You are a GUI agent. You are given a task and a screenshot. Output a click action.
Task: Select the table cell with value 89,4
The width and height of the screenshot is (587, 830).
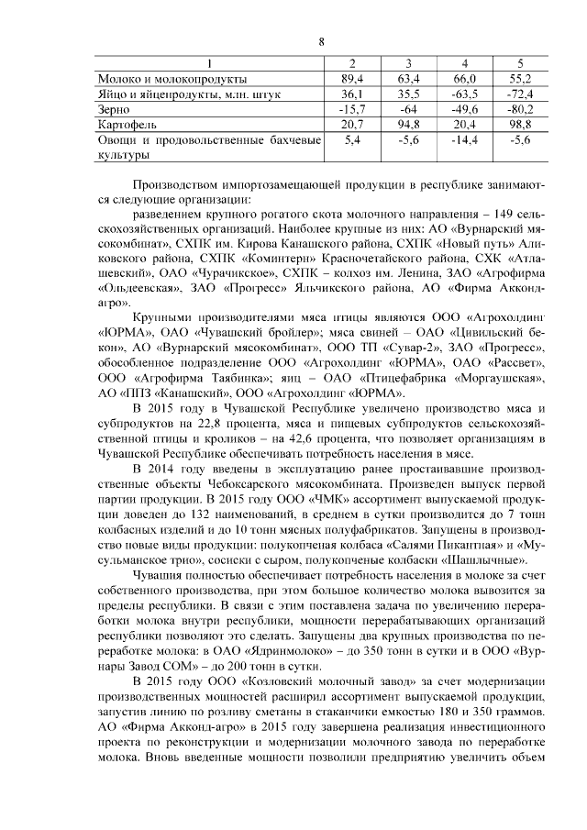point(352,79)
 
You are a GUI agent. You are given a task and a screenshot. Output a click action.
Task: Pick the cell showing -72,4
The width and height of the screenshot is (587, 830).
point(520,94)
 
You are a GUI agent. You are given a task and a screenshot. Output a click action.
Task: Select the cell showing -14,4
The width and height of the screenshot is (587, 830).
point(465,139)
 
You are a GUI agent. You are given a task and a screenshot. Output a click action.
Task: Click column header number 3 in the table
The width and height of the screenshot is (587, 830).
point(408,63)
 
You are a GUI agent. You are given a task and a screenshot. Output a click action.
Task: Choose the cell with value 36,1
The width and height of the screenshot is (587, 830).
point(352,94)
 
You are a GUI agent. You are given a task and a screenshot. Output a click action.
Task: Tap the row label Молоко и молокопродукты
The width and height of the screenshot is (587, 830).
point(172,79)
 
